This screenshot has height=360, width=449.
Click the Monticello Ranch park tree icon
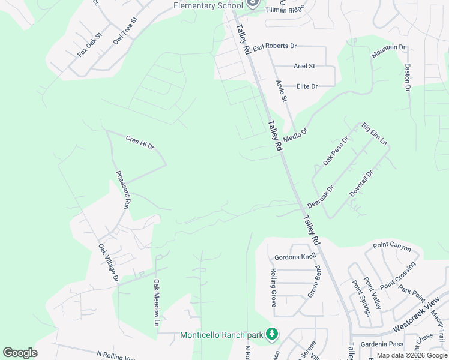point(272,333)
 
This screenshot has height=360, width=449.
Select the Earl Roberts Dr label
point(274,46)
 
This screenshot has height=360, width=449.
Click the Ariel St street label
point(304,66)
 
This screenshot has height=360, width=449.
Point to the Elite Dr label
point(307,86)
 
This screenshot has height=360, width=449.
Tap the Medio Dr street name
point(295,135)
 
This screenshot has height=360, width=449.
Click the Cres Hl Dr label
point(140,142)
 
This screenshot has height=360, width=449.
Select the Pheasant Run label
point(123,190)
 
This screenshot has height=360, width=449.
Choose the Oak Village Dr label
point(109,263)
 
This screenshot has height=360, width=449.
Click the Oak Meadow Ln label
point(157,299)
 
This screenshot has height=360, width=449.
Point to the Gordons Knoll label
point(295,257)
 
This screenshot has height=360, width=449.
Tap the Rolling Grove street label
point(273,288)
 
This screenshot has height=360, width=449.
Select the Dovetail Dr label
point(361,184)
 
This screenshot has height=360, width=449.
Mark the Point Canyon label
point(392,245)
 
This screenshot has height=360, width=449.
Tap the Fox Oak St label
point(90,45)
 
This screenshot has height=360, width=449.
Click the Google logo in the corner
point(20,353)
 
